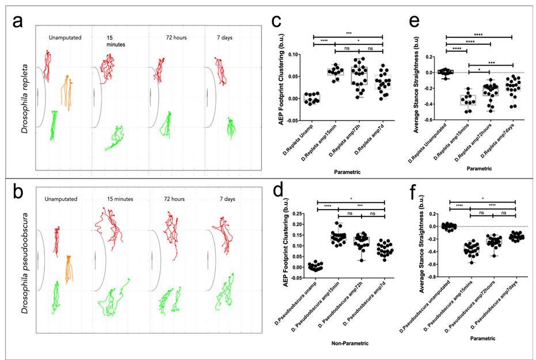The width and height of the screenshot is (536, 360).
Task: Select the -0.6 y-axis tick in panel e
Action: click(428, 120)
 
